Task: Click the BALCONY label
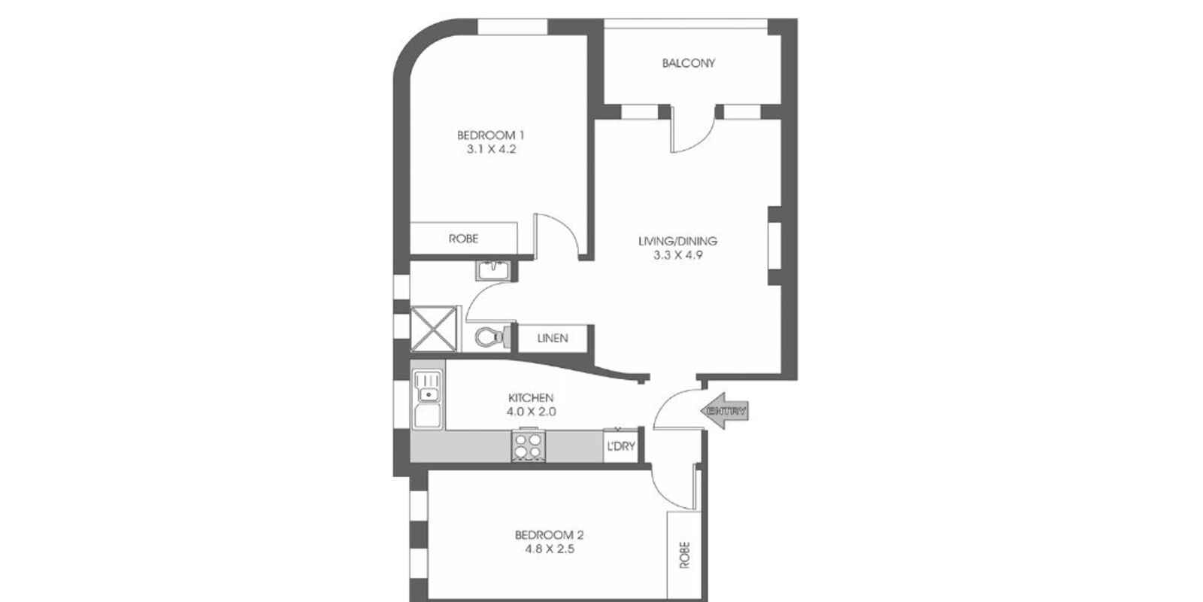pyautogui.click(x=688, y=63)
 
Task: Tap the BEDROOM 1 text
pyautogui.click(x=490, y=135)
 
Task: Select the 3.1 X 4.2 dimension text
pyautogui.click(x=490, y=149)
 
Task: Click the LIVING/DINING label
pyautogui.click(x=677, y=242)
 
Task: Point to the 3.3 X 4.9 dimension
pyautogui.click(x=677, y=255)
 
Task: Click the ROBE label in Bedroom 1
pyautogui.click(x=463, y=239)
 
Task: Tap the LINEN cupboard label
pyautogui.click(x=553, y=338)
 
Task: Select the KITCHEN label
pyautogui.click(x=531, y=398)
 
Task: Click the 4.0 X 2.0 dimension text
pyautogui.click(x=531, y=412)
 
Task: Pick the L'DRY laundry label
pyautogui.click(x=620, y=446)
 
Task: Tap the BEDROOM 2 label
pyautogui.click(x=549, y=536)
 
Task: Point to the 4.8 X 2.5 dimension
pyautogui.click(x=549, y=549)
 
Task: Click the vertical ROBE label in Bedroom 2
pyautogui.click(x=684, y=555)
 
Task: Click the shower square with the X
pyautogui.click(x=434, y=328)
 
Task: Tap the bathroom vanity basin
pyautogui.click(x=493, y=269)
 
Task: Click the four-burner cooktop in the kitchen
pyautogui.click(x=527, y=445)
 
